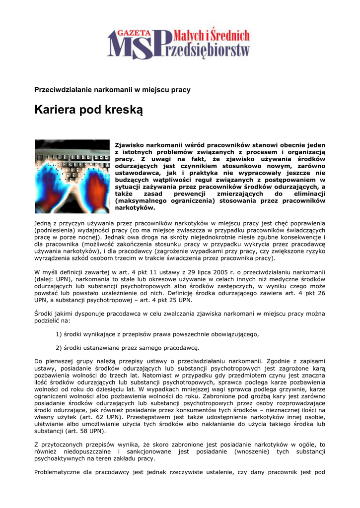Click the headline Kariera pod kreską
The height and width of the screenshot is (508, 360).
88,110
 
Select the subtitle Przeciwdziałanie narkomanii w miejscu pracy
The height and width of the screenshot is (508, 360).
112,89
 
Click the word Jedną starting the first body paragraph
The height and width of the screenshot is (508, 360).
43,223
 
